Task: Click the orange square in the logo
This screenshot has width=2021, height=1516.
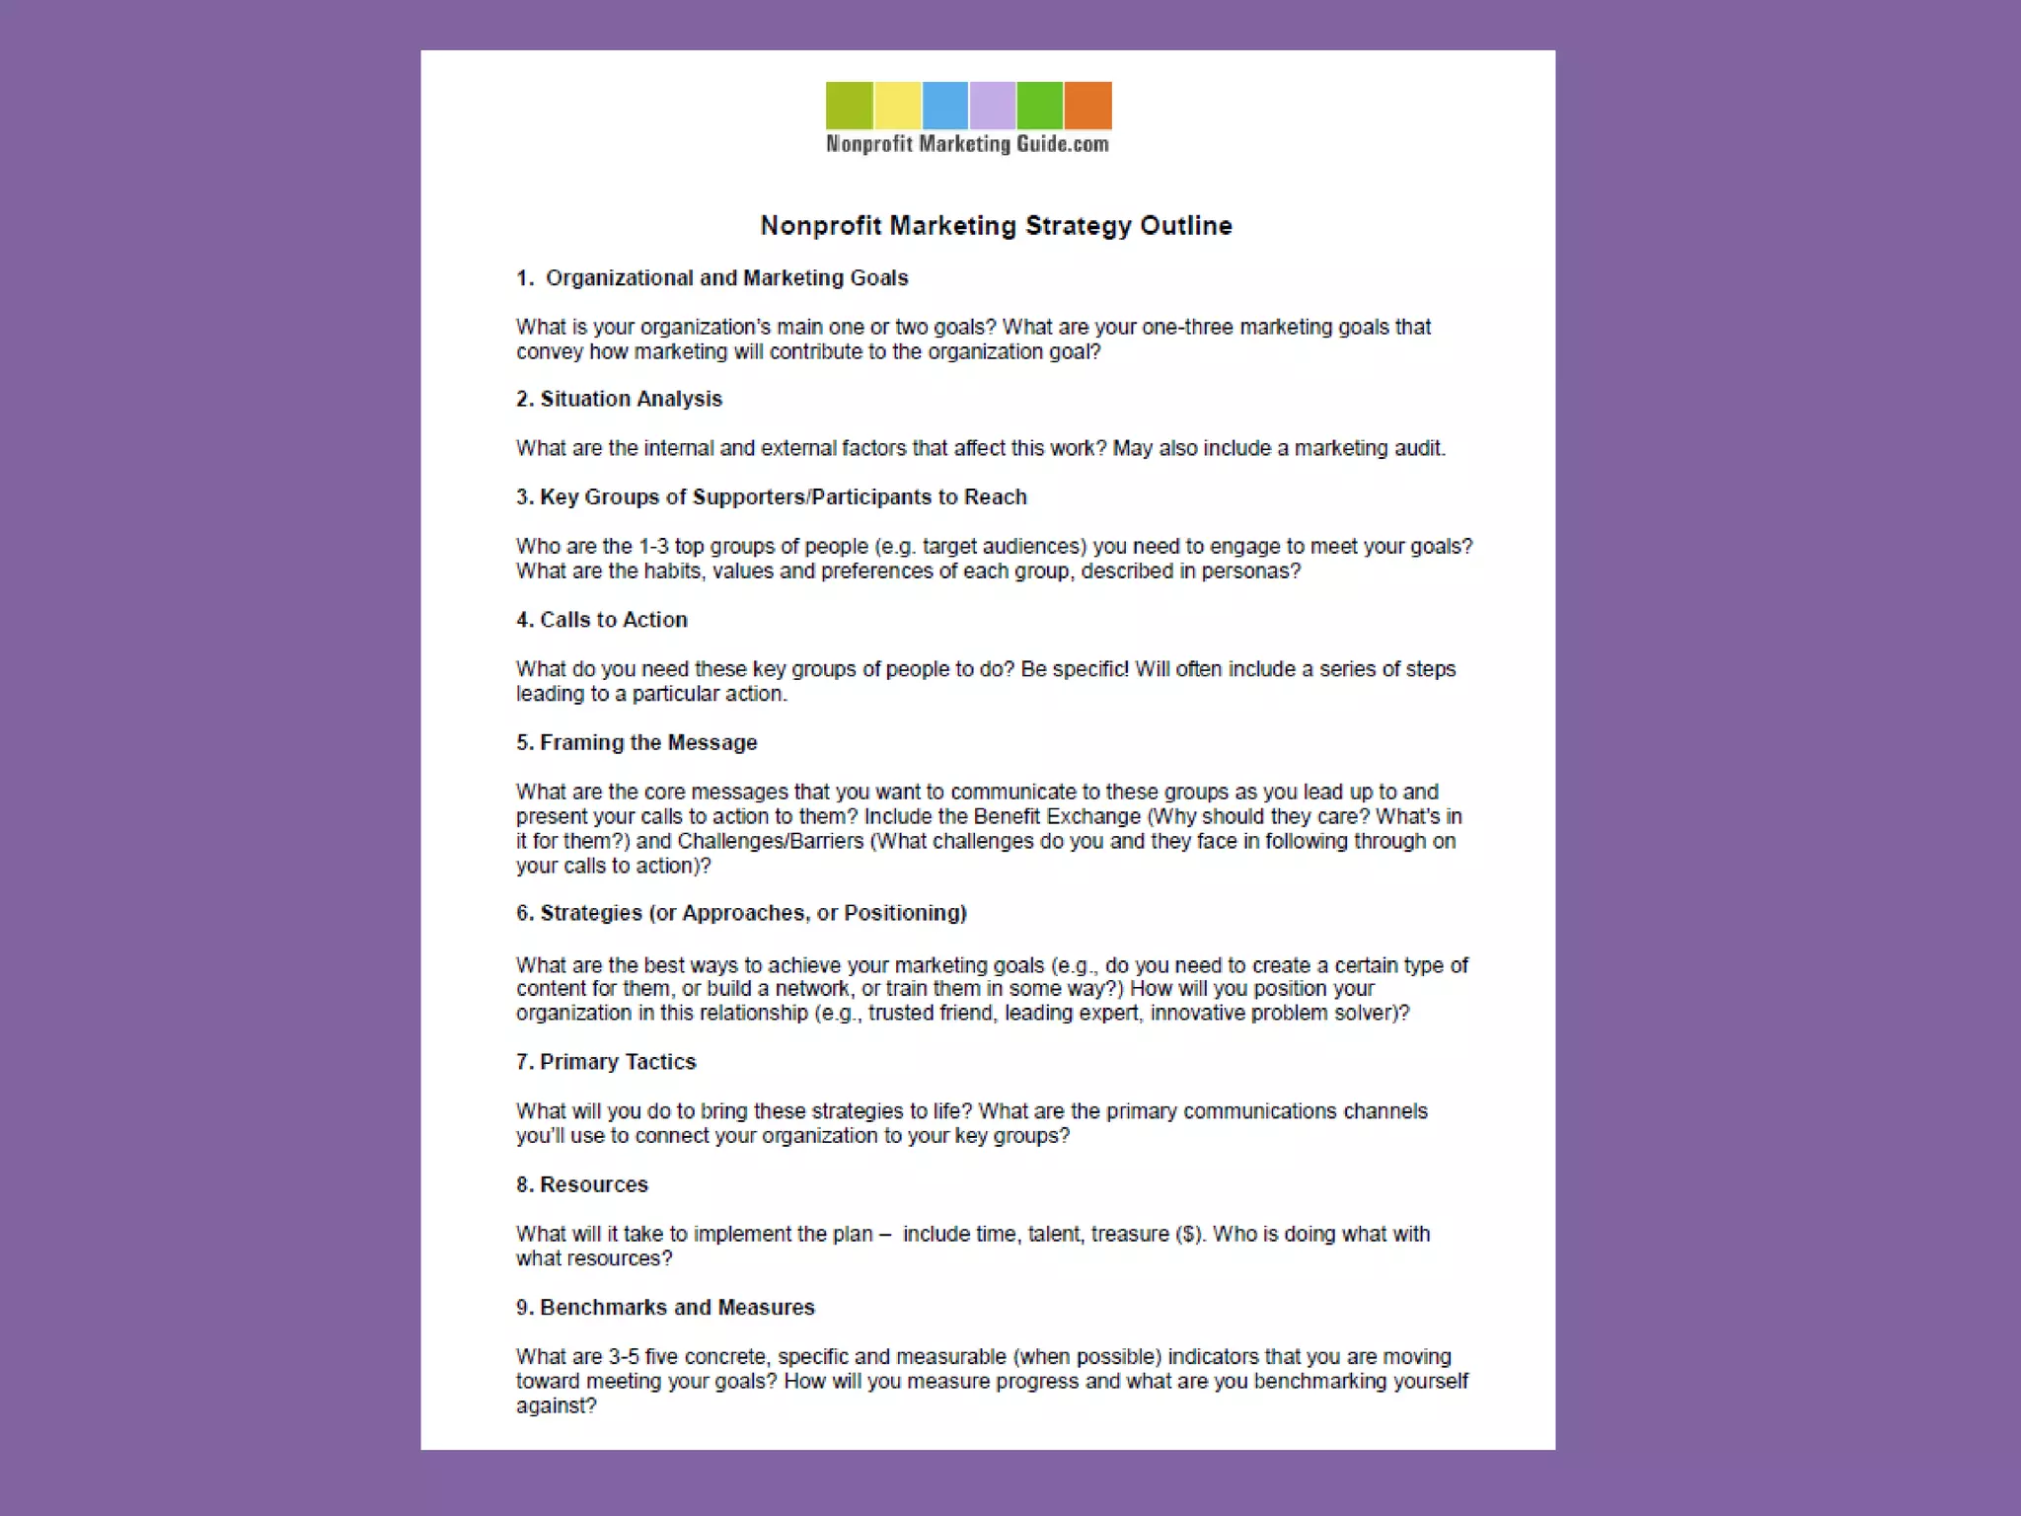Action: tap(1087, 106)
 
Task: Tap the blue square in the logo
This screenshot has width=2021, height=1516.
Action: tap(944, 106)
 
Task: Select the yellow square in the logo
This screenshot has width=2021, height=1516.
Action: tap(897, 106)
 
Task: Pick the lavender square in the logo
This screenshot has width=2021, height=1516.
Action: tap(992, 106)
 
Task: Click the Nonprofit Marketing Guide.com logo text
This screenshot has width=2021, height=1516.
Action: tap(967, 144)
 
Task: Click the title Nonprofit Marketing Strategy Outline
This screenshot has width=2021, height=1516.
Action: tap(996, 226)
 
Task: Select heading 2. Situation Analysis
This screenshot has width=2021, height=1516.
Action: tap(619, 399)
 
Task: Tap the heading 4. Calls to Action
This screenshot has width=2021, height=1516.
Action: tap(601, 620)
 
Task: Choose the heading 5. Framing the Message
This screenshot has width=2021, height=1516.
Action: tap(636, 742)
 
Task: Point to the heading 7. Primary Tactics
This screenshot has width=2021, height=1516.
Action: tap(606, 1062)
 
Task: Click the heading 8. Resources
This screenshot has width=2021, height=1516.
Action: tap(581, 1184)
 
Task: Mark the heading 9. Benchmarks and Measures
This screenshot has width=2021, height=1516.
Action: tap(665, 1308)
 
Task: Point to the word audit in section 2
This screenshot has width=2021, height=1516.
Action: tap(1419, 448)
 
